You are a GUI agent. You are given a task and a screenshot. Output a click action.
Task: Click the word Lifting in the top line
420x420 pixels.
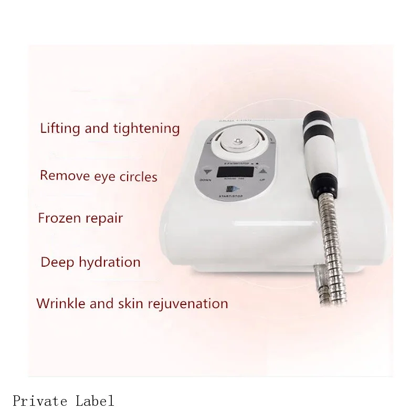tap(59, 128)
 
